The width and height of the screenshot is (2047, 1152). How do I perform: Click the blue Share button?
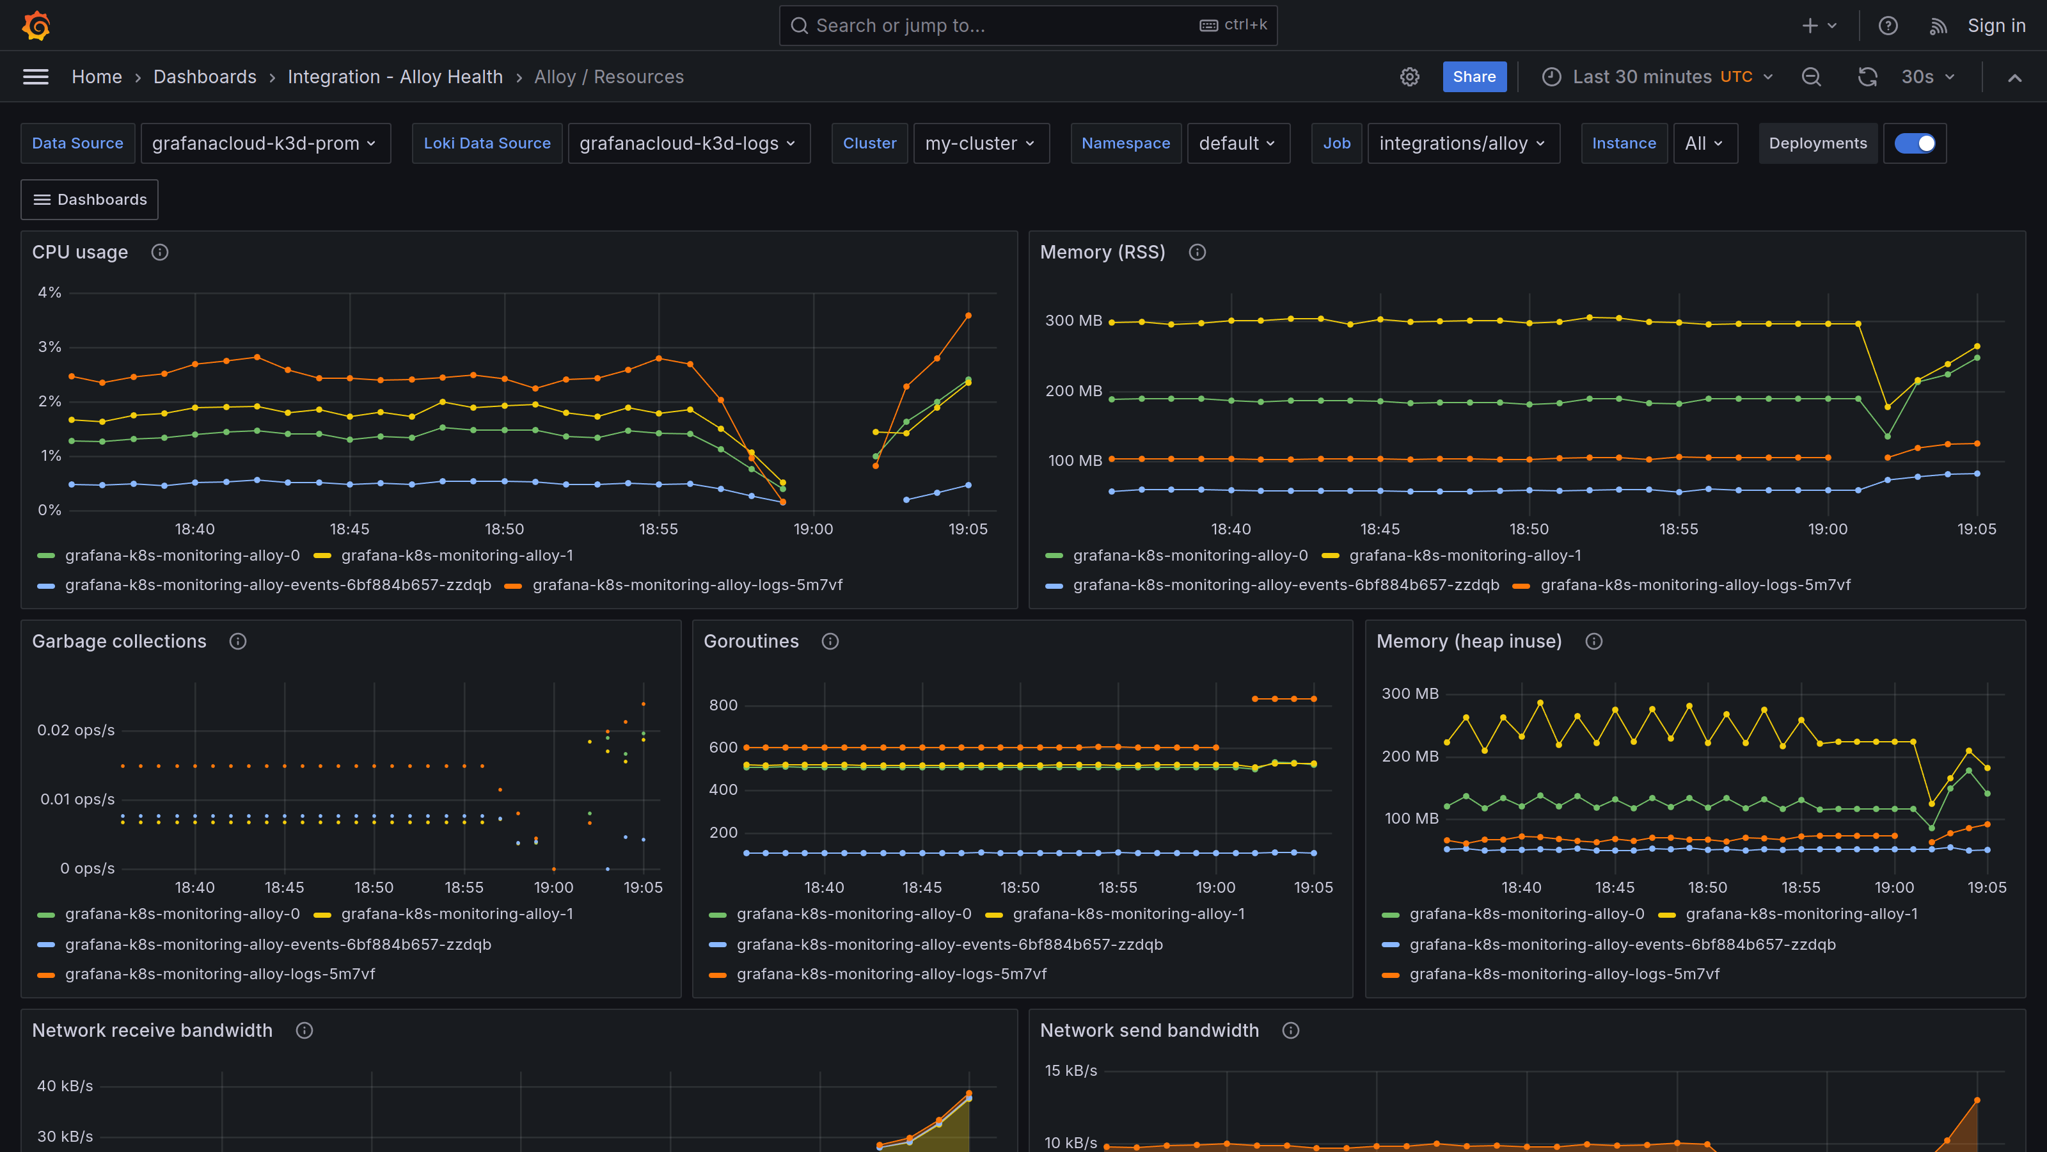1473,77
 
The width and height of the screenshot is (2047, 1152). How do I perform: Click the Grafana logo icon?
36,26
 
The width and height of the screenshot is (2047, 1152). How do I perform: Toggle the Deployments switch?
1915,143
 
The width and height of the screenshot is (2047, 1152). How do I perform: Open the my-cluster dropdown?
980,143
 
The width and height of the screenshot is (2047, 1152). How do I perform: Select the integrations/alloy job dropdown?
1462,143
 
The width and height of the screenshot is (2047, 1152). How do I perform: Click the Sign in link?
1995,26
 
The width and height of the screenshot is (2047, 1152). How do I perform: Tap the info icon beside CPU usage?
160,252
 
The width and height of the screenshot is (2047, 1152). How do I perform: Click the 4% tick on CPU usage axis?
49,292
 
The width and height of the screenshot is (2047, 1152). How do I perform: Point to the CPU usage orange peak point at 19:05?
968,316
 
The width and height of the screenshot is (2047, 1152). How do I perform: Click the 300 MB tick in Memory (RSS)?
1073,321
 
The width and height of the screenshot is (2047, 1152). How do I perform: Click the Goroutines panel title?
751,641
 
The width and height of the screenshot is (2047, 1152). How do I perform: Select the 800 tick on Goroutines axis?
722,705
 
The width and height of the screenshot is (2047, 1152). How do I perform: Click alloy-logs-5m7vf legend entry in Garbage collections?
219,974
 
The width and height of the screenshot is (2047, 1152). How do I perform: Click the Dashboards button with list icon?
90,200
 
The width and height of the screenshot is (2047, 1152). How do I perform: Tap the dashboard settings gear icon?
1409,77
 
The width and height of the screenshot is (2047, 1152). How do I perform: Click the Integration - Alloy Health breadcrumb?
395,77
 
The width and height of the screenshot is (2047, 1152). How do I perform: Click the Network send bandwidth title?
1149,1030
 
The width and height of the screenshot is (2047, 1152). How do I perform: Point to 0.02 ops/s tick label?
75,730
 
